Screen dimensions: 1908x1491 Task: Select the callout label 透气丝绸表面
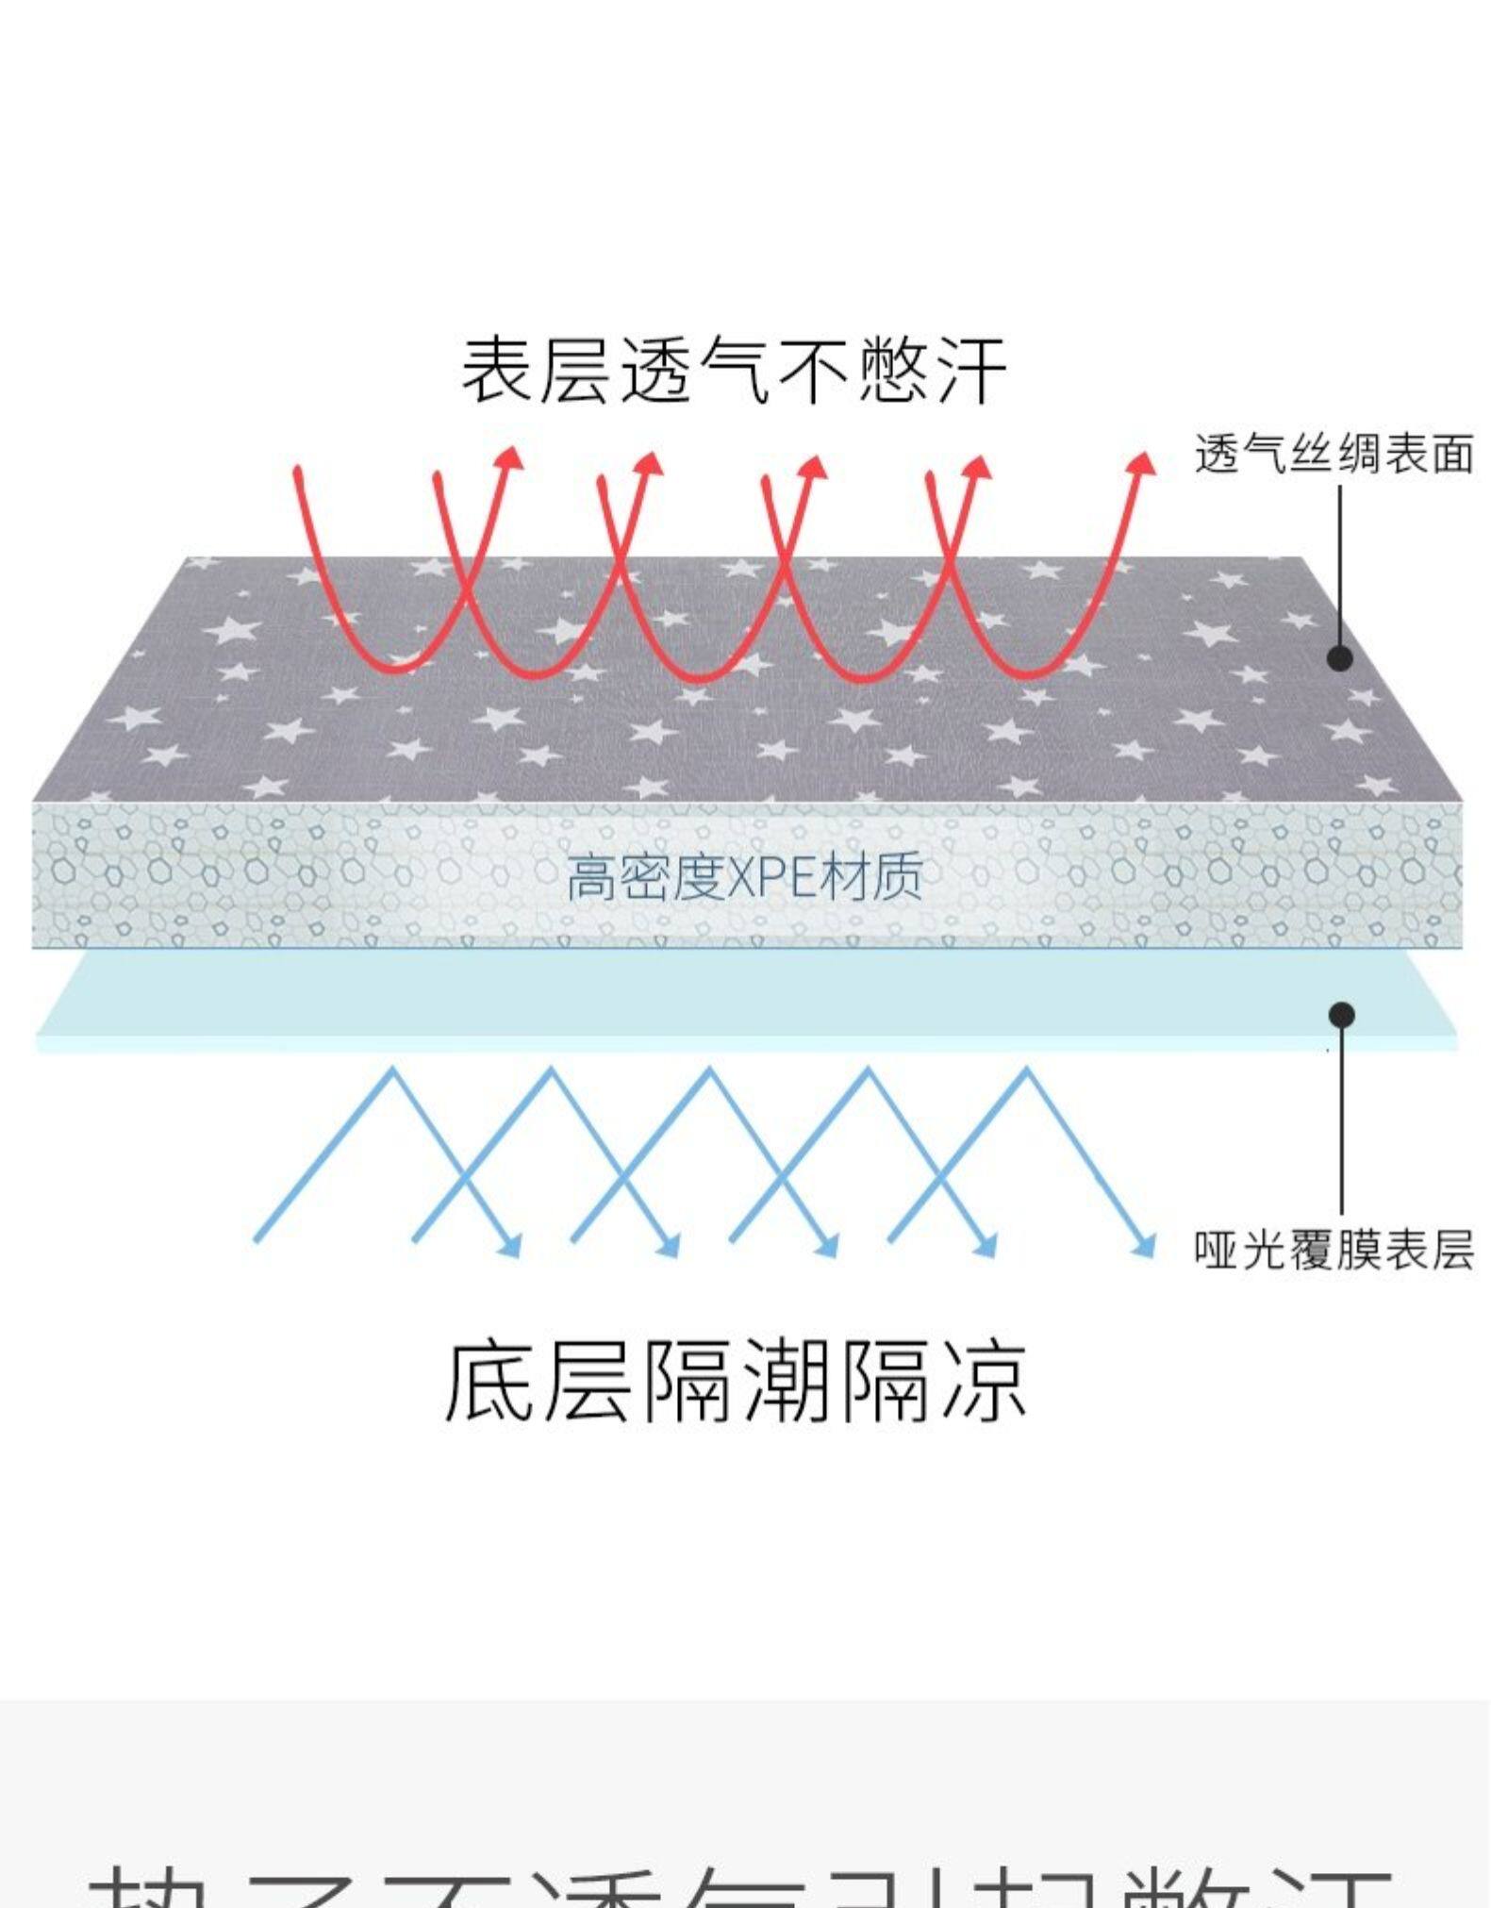pos(1334,455)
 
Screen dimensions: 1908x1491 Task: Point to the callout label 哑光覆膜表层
pos(1334,1252)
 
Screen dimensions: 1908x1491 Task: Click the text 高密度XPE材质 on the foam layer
pos(743,878)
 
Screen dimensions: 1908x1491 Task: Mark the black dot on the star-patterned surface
pos(1340,657)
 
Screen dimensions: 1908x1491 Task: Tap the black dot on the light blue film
pos(1342,1015)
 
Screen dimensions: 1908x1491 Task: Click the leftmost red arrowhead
pos(510,458)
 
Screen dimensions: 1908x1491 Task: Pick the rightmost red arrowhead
pos(1143,463)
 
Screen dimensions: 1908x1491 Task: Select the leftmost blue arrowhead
pos(509,1246)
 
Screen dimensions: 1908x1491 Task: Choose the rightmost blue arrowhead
pos(1143,1246)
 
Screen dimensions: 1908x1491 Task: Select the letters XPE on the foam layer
pos(773,878)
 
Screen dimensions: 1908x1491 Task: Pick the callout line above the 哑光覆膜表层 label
pos(1342,1122)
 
